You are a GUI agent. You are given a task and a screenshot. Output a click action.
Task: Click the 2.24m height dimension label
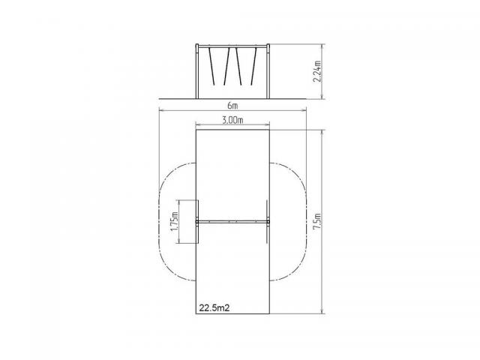317,71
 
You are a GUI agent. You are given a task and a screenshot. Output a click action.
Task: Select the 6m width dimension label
232,106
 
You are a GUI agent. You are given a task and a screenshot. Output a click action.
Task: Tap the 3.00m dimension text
232,120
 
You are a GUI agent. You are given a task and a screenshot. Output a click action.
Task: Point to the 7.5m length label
317,223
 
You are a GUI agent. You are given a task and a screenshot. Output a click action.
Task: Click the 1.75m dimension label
175,222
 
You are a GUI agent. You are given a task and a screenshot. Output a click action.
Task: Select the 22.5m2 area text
214,307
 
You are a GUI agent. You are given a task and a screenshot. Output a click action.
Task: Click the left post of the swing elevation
196,71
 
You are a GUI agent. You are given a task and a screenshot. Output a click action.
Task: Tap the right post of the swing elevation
268,71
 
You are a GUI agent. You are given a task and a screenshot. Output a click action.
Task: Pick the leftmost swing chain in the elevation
211,66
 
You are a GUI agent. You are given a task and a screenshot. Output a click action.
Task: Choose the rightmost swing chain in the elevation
253,66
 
